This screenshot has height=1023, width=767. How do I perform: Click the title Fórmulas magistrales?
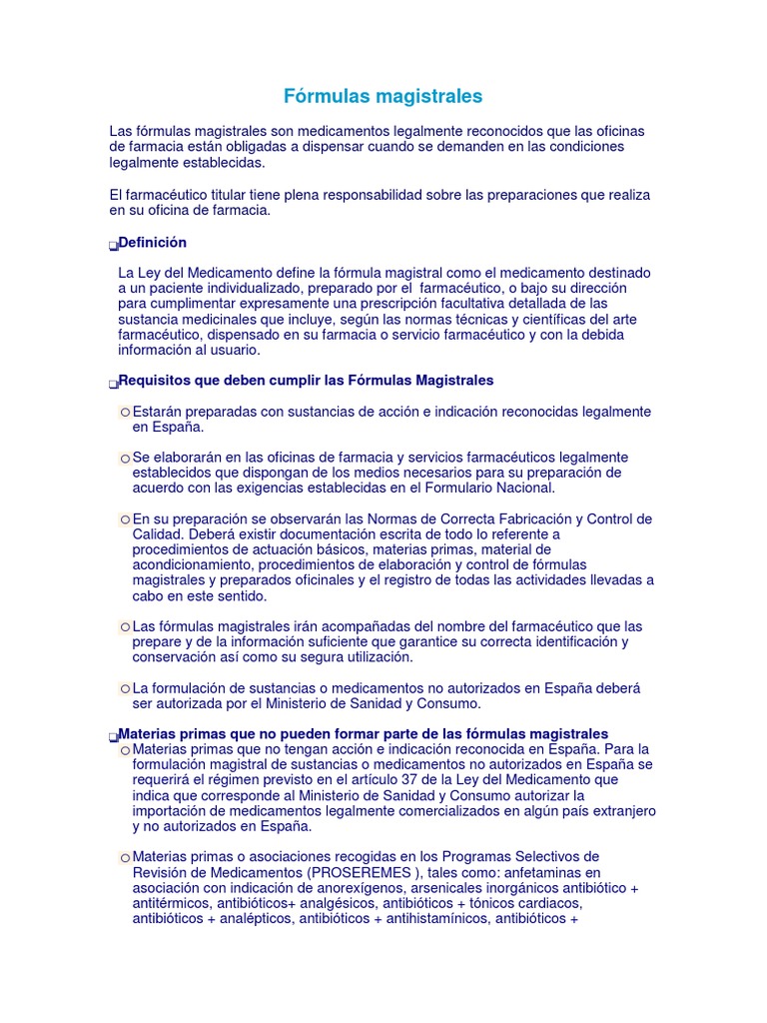click(383, 96)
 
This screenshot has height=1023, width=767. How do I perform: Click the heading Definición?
click(152, 243)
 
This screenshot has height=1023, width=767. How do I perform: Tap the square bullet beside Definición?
click(113, 246)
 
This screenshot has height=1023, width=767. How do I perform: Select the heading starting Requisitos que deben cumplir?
click(306, 381)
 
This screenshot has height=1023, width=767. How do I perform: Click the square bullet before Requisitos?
click(113, 384)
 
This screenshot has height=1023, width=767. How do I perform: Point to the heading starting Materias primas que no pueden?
click(363, 733)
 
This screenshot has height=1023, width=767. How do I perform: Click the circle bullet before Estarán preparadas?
click(125, 413)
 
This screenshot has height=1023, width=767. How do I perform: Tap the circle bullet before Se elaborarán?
click(125, 458)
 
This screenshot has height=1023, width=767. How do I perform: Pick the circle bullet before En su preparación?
click(125, 519)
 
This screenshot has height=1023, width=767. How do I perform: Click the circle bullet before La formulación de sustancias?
click(125, 689)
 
